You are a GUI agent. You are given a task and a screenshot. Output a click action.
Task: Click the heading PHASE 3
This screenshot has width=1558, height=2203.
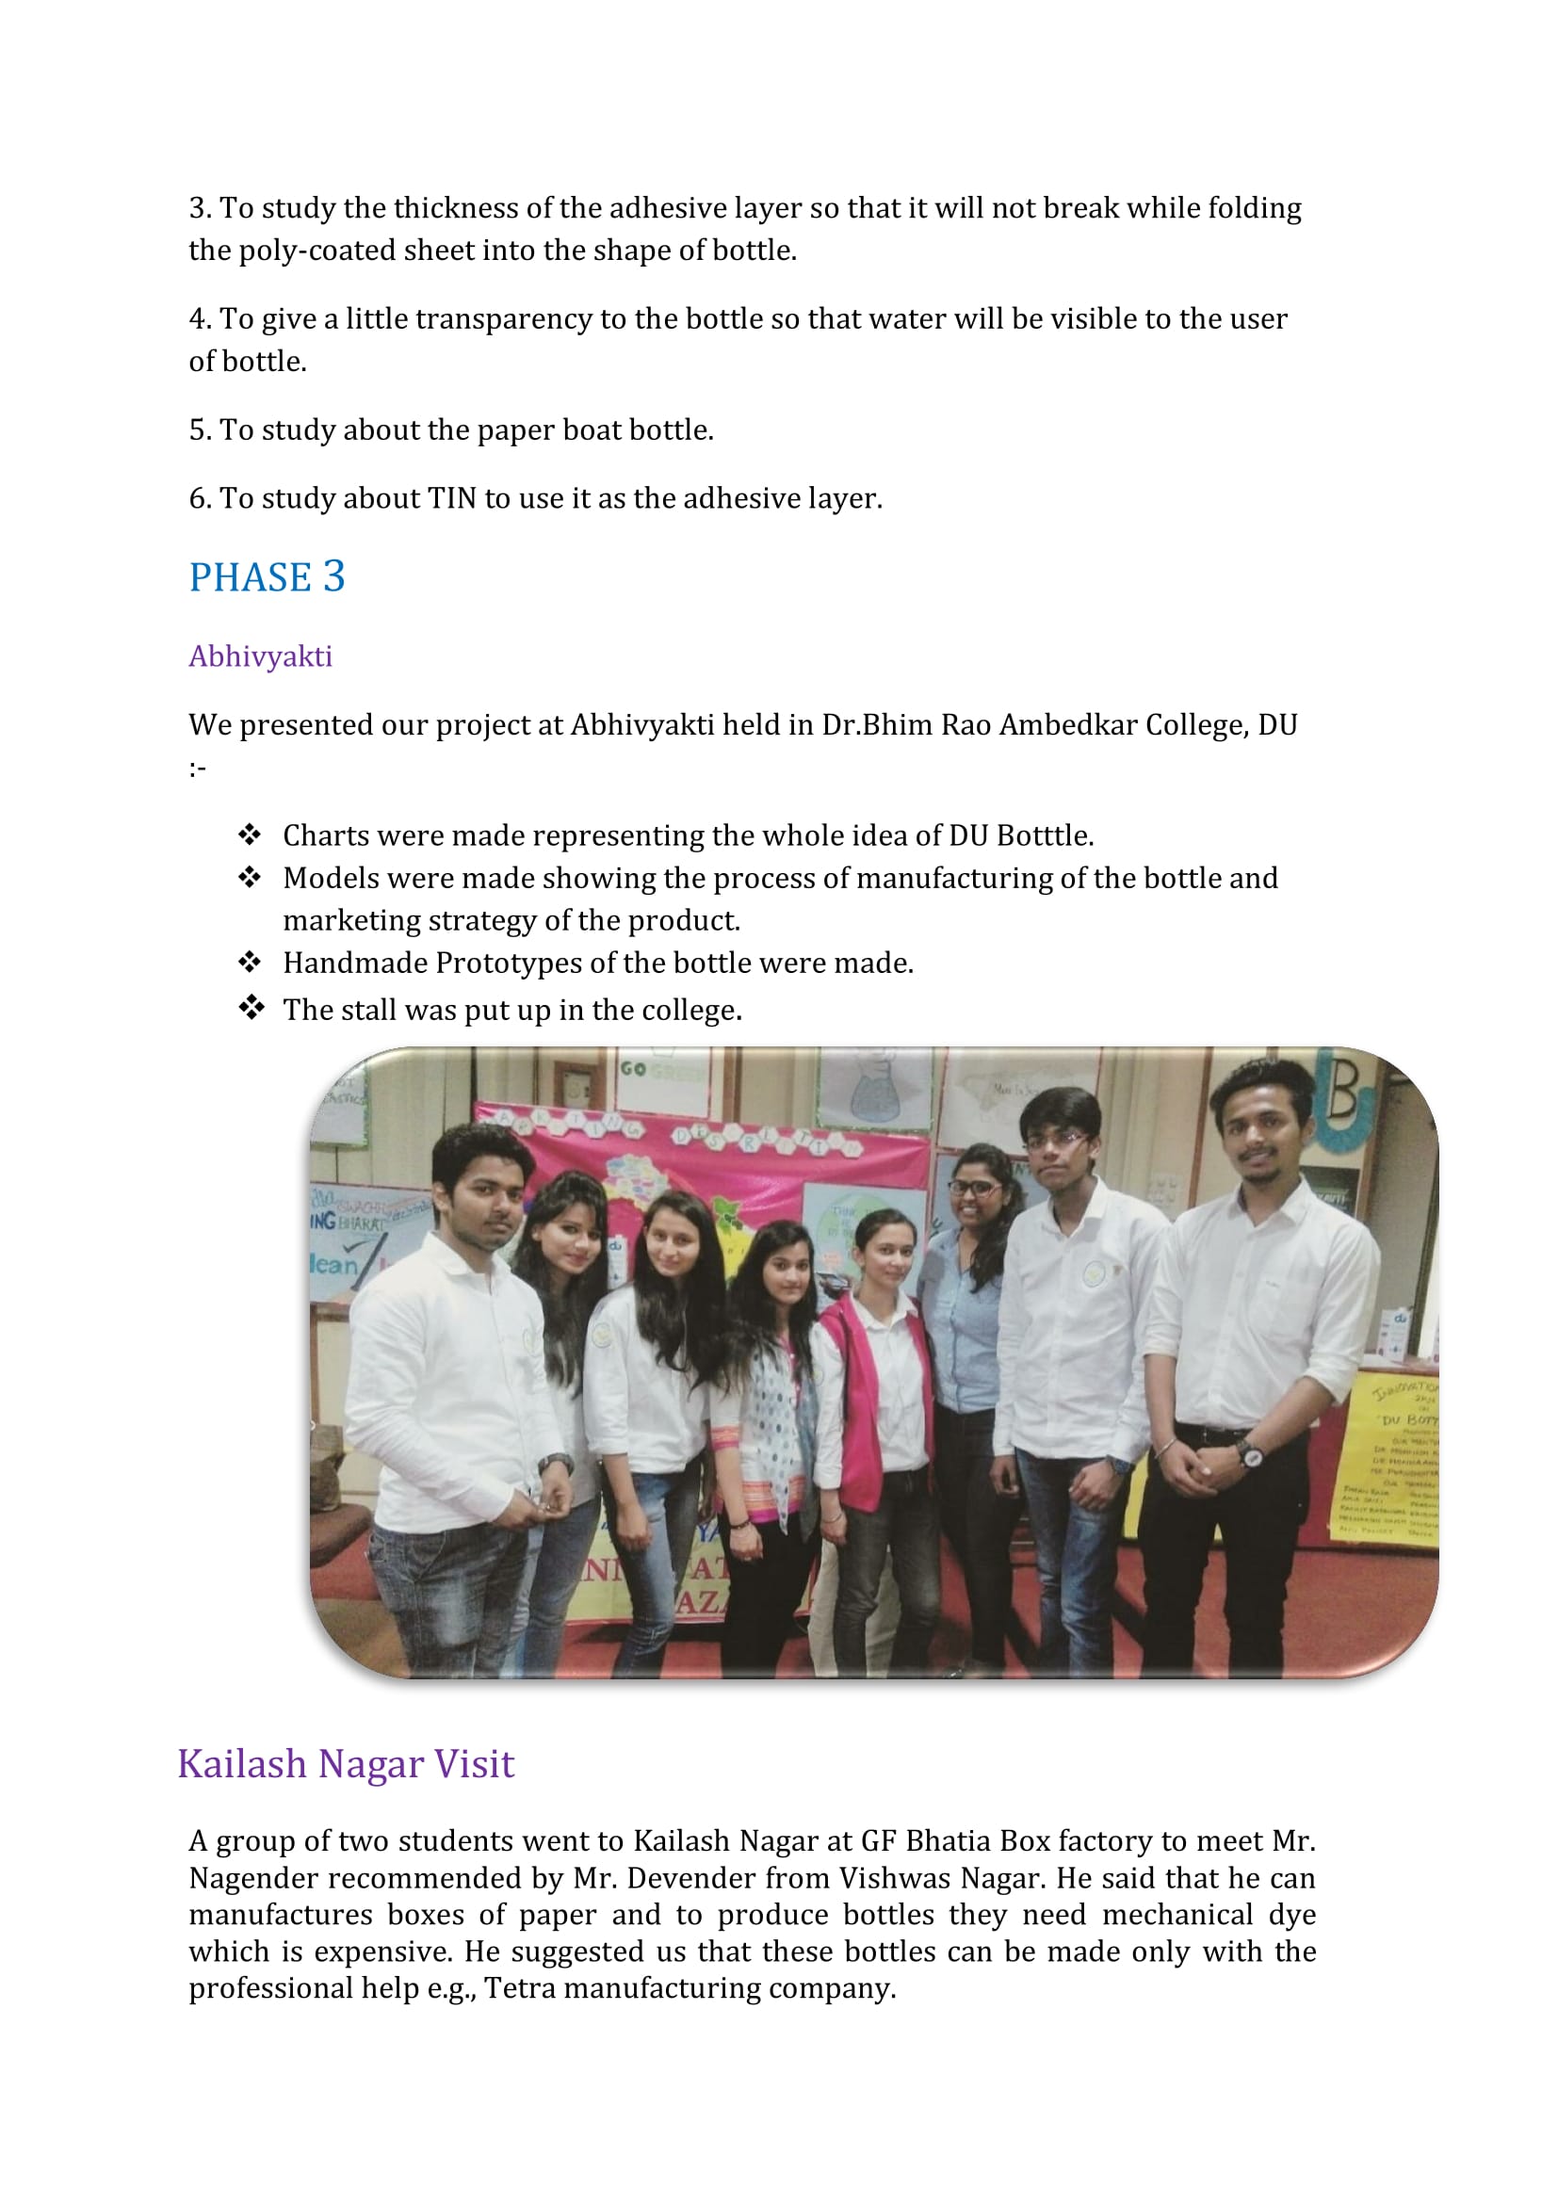click(266, 577)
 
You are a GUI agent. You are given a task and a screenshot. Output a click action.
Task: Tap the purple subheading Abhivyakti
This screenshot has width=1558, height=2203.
click(260, 656)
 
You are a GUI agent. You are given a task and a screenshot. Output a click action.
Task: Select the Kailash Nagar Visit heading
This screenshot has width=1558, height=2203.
click(346, 1763)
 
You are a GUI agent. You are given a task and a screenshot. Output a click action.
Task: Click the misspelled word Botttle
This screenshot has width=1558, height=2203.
click(1045, 835)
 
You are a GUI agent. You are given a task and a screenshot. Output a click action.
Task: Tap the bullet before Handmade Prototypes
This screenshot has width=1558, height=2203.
click(251, 962)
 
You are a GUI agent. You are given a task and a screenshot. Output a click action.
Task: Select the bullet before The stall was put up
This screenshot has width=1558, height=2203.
click(251, 1008)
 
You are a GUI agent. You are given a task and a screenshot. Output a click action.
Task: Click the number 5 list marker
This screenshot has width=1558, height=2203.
click(198, 429)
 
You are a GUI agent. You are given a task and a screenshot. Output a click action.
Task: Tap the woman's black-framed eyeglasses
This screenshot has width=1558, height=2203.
click(974, 1188)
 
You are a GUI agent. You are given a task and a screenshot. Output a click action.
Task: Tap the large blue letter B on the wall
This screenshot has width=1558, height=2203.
click(1343, 1094)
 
